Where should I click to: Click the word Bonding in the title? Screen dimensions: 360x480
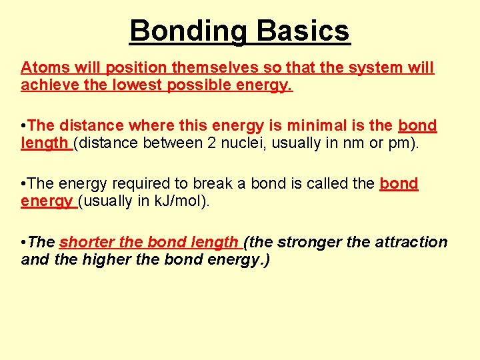(189, 31)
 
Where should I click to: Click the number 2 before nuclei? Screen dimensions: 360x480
(217, 143)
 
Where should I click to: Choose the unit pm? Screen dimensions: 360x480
(406, 143)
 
